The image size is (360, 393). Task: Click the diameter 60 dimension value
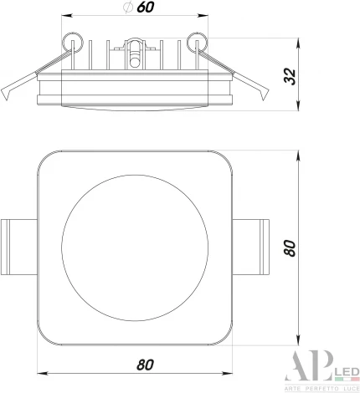pyautogui.click(x=146, y=8)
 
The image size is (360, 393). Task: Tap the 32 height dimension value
pyautogui.click(x=290, y=76)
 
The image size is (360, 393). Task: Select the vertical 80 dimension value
pyautogui.click(x=290, y=248)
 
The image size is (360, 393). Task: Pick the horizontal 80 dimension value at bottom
pyautogui.click(x=145, y=365)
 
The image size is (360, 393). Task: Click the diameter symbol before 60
pyautogui.click(x=127, y=8)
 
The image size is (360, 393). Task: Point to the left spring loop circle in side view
pyautogui.click(x=73, y=43)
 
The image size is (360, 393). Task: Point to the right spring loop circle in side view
pyautogui.click(x=198, y=43)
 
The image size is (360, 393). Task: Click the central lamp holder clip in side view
pyautogui.click(x=135, y=53)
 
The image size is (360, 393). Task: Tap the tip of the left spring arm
pyautogui.click(x=6, y=100)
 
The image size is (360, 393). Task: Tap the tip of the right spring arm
pyautogui.click(x=263, y=100)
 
